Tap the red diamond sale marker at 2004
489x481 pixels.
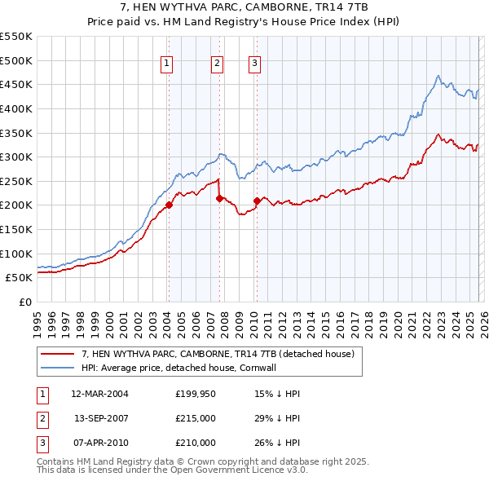(x=169, y=205)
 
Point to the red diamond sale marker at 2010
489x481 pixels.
(x=257, y=201)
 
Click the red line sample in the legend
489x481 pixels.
(x=58, y=355)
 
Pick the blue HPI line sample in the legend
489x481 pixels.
(x=58, y=368)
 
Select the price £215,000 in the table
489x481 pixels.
(x=196, y=418)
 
